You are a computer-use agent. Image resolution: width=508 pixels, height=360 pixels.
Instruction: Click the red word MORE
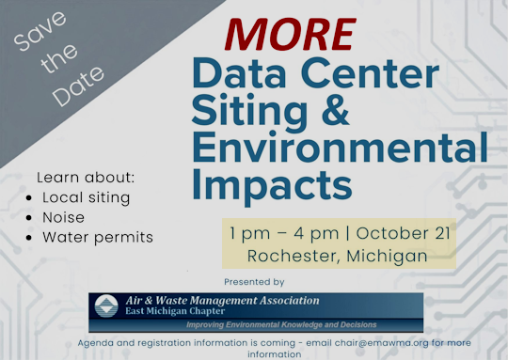291,35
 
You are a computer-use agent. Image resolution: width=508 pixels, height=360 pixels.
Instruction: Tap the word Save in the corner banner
40,31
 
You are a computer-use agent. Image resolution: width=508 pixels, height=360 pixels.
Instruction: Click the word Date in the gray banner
78,86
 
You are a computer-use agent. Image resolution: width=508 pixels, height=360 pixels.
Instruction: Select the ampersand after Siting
336,110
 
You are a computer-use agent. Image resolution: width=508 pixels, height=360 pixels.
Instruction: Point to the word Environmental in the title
341,147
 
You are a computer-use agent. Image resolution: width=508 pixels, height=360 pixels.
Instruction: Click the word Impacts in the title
272,186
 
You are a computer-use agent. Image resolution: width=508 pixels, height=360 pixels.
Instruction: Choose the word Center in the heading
370,73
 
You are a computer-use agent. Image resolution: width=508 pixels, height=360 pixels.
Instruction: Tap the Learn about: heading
86,178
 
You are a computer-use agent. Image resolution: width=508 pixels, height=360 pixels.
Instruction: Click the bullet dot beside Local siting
29,197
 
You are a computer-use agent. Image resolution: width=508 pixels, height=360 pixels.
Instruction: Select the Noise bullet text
64,217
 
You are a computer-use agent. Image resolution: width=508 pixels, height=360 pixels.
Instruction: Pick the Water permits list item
98,238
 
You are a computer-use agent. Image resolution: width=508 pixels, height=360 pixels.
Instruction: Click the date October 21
404,233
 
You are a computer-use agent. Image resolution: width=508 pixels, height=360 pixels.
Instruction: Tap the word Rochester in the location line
294,256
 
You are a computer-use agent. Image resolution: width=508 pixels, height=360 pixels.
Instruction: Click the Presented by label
254,282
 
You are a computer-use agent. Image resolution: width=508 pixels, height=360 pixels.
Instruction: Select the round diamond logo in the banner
106,305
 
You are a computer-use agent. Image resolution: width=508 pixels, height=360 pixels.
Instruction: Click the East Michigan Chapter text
175,311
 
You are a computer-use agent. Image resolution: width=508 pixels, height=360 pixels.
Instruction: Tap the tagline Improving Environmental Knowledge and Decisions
281,325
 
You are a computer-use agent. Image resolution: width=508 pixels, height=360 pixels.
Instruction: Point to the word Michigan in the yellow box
388,256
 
